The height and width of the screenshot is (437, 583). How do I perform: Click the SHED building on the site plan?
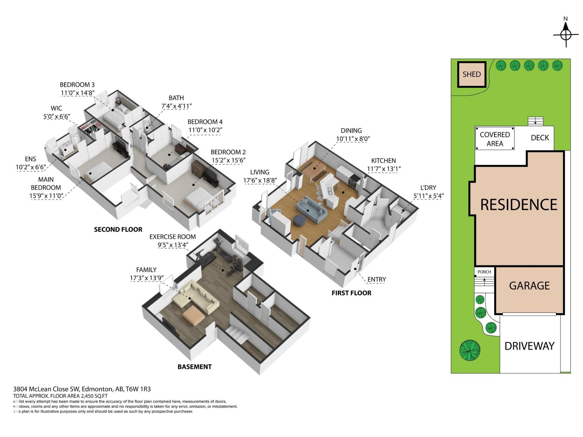[472, 74]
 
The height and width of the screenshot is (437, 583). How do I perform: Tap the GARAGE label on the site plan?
[529, 286]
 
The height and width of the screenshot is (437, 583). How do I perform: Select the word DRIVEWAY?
[529, 346]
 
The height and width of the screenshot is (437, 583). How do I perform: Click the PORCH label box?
[484, 272]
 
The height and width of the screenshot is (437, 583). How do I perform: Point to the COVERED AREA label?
[494, 139]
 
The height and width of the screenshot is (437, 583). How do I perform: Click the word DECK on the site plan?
[540, 137]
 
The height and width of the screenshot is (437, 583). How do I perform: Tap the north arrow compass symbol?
[566, 35]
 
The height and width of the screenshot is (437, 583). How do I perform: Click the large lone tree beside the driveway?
[469, 350]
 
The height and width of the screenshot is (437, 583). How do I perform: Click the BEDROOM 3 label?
[77, 85]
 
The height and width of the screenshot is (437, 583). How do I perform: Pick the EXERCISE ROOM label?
[172, 237]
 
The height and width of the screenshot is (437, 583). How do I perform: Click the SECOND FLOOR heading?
[118, 229]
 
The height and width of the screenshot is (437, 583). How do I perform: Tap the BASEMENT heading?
[195, 367]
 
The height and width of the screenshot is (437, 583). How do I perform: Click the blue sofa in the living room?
[310, 209]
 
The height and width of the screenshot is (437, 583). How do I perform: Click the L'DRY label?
[428, 188]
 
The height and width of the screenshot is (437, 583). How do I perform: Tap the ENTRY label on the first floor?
[376, 279]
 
